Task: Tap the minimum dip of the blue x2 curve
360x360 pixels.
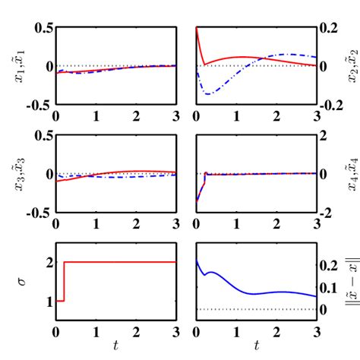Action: click(205, 94)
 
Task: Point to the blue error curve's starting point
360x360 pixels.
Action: click(197, 261)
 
